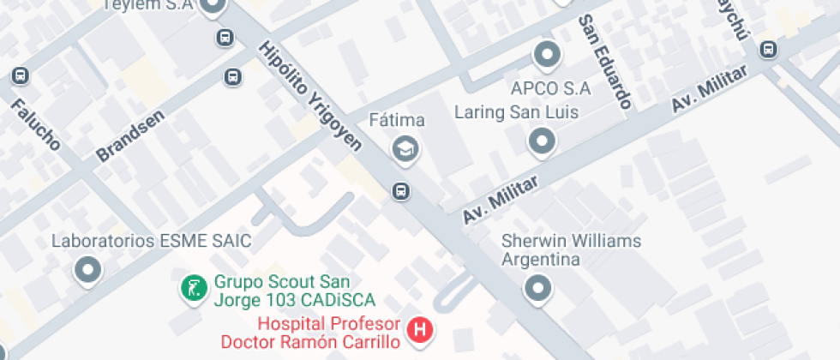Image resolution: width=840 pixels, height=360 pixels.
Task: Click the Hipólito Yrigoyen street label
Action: click(311, 96)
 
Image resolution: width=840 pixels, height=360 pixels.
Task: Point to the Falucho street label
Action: click(36, 124)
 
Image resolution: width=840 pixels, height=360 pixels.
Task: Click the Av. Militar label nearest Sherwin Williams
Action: click(501, 199)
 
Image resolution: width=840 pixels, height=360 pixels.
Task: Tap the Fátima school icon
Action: click(404, 149)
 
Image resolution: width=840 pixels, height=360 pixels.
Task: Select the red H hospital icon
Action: click(420, 329)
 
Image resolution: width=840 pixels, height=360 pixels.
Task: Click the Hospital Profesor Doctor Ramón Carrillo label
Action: click(328, 333)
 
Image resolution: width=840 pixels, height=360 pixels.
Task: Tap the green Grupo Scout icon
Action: click(194, 288)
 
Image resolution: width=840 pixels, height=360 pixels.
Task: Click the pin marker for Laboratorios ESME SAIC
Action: click(88, 271)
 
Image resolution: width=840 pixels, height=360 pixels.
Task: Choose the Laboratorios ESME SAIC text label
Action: click(151, 241)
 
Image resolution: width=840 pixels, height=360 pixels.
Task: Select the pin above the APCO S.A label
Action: click(547, 56)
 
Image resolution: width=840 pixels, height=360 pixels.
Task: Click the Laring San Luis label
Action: click(516, 112)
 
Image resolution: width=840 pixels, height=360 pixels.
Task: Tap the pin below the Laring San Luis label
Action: click(542, 141)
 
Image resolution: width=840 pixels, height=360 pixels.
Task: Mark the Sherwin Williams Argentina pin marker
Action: click(537, 288)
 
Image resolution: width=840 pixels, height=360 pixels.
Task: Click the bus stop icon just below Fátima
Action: click(400, 190)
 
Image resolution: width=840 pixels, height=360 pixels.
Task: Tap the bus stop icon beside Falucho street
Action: click(21, 77)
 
